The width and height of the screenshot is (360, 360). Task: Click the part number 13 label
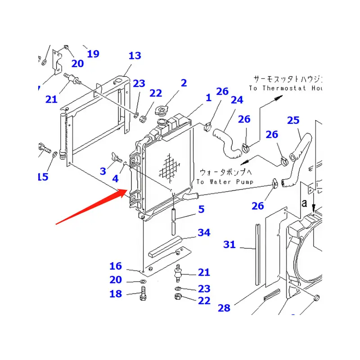coord(135,56)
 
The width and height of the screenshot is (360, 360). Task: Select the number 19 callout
coord(93,54)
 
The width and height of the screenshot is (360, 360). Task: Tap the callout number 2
coord(184,83)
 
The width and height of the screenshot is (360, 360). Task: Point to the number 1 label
coord(208,98)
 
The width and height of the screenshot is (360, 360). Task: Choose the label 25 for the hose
coord(293,120)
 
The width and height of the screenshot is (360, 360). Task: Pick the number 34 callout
coord(204,233)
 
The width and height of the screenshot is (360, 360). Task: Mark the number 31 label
coord(229,245)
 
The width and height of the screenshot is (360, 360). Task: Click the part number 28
coord(224,308)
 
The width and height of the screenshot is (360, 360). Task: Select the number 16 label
coord(116,266)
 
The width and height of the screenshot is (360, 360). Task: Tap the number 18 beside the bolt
coord(116,294)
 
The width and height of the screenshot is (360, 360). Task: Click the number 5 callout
coord(201,209)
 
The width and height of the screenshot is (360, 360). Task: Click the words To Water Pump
coord(225,181)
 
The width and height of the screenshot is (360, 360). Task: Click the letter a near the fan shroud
coord(305,204)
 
